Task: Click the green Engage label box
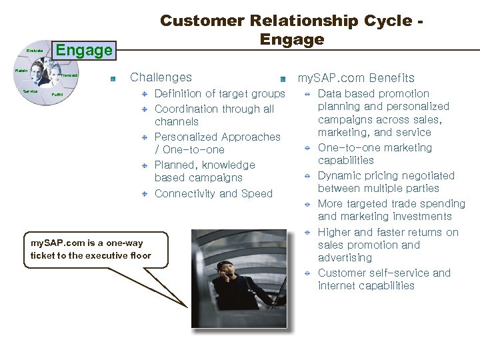[84, 50]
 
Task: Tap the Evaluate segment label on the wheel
[35, 51]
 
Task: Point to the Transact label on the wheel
[70, 76]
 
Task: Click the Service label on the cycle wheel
[30, 91]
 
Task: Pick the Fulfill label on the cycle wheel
[57, 95]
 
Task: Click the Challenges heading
[161, 77]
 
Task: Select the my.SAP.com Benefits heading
[356, 78]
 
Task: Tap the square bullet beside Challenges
[114, 79]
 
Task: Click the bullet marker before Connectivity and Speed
[144, 194]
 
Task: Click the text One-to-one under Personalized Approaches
[194, 150]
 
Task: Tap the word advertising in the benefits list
[345, 258]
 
